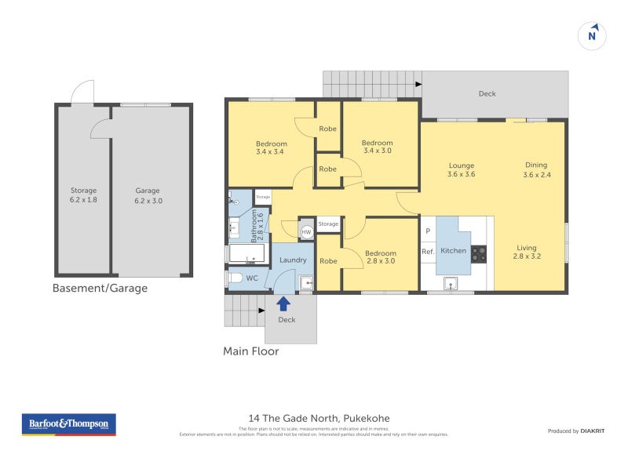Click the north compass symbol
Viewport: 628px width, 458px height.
tap(593, 35)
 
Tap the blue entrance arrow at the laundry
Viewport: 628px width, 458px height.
tap(283, 303)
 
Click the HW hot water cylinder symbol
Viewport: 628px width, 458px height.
tap(306, 232)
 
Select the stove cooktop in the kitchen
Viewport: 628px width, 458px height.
tap(478, 253)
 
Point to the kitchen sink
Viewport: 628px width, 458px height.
tap(451, 283)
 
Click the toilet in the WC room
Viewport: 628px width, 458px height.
tap(235, 278)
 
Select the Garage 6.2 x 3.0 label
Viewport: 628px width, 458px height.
tap(148, 195)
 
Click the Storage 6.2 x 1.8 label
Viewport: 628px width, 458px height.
tap(83, 195)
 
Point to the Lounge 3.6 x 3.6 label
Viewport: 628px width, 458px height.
tap(462, 170)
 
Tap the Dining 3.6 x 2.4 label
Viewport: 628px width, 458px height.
tap(536, 170)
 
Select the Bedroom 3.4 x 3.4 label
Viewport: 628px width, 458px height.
tap(272, 147)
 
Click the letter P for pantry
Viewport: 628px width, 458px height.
tap(428, 231)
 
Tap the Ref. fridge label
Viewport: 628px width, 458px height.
tap(428, 252)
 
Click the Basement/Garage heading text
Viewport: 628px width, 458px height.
tap(100, 289)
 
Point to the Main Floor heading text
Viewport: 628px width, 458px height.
tap(251, 351)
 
